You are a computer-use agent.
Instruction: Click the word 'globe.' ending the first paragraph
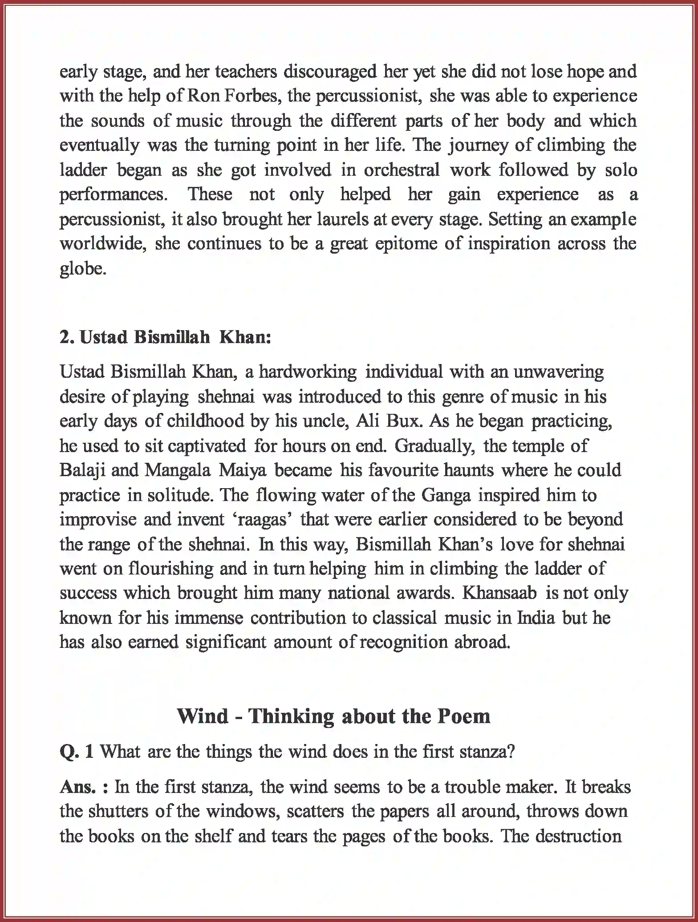coord(83,269)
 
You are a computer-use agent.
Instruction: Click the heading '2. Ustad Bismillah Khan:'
coord(165,337)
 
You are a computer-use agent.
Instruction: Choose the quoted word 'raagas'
coord(262,520)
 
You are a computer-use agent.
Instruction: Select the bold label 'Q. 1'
coord(77,752)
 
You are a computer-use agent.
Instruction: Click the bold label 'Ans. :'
coord(84,787)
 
